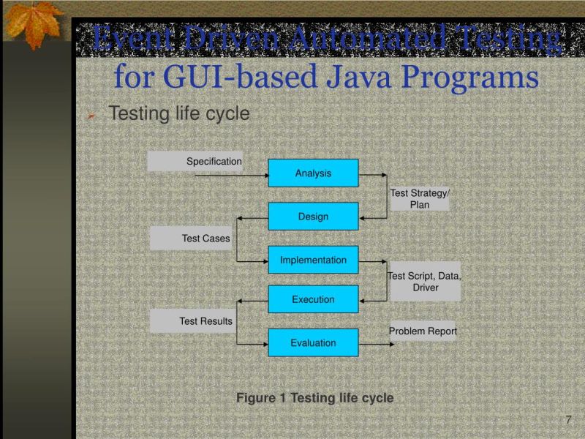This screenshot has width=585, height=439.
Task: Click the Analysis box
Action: coord(313,173)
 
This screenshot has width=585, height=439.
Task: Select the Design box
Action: coord(313,217)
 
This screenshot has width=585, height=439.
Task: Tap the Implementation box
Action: coord(313,260)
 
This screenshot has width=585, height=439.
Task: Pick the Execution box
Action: coord(313,299)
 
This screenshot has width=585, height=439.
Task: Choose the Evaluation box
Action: coord(313,342)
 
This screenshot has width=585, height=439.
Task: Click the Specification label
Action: coord(213,161)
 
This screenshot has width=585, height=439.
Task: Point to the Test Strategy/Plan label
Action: coord(420,199)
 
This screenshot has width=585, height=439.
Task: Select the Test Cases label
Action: coord(205,238)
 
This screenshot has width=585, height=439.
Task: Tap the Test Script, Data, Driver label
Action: coord(425,282)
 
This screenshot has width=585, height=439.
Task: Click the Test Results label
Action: coord(205,320)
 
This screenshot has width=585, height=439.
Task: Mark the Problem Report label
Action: coord(423,331)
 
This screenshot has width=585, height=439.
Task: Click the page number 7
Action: coord(568,419)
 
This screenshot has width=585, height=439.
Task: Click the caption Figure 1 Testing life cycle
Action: coord(314,398)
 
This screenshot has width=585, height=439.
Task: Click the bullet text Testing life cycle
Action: coord(179,114)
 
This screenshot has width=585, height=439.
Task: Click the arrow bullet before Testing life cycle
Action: coord(91,116)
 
